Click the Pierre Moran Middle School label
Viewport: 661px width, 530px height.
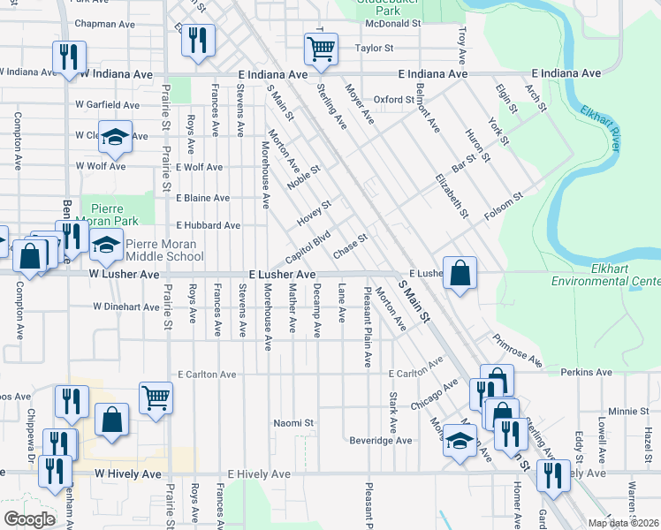[164, 251]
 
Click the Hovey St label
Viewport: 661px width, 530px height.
[314, 211]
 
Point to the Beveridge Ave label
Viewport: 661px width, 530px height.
[381, 440]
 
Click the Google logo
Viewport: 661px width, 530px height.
[29, 519]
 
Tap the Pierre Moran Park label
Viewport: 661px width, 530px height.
[111, 211]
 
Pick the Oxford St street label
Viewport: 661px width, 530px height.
[394, 100]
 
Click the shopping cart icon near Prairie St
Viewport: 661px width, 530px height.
[156, 397]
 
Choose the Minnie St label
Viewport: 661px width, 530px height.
[628, 412]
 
